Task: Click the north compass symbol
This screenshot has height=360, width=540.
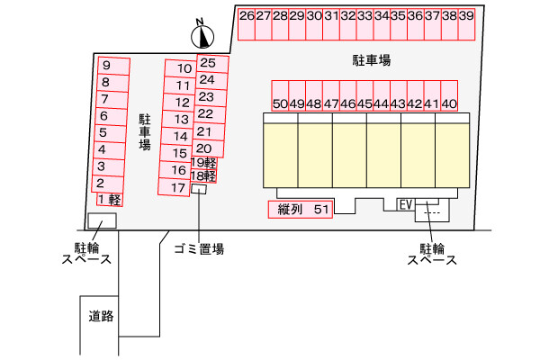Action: (202, 35)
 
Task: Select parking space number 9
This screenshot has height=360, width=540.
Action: (113, 66)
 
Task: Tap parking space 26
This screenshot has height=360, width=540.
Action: (247, 24)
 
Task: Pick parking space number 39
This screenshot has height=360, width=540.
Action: (466, 24)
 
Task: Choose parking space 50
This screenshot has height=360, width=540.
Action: (280, 95)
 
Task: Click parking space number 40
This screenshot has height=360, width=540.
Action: (449, 95)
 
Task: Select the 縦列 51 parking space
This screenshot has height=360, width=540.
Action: (301, 209)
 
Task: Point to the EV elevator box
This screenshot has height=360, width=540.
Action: (406, 204)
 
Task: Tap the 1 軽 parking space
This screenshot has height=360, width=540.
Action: (110, 200)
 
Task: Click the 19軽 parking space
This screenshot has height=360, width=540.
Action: (204, 162)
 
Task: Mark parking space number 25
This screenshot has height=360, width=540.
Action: (212, 63)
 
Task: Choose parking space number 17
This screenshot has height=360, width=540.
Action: (175, 187)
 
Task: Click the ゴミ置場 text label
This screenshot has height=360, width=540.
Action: (199, 248)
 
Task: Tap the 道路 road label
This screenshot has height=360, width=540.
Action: (101, 316)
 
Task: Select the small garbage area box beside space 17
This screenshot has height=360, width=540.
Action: (199, 189)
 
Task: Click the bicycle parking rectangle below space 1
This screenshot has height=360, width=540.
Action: (102, 220)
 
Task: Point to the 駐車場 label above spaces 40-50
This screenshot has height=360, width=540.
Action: (372, 60)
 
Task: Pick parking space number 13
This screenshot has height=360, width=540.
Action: (177, 119)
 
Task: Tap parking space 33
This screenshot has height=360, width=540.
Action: (365, 24)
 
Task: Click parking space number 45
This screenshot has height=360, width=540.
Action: (364, 95)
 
